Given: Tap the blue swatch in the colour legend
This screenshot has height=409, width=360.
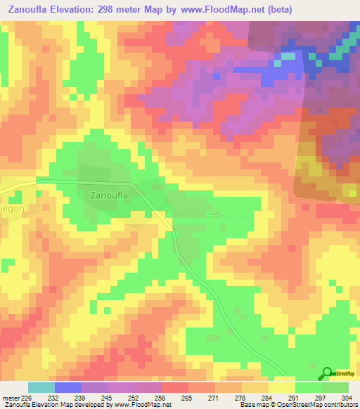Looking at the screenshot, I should (67, 387).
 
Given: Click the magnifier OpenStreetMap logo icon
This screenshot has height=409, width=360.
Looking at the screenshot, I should (328, 372).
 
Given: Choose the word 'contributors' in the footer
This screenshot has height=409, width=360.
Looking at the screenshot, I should (337, 405).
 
